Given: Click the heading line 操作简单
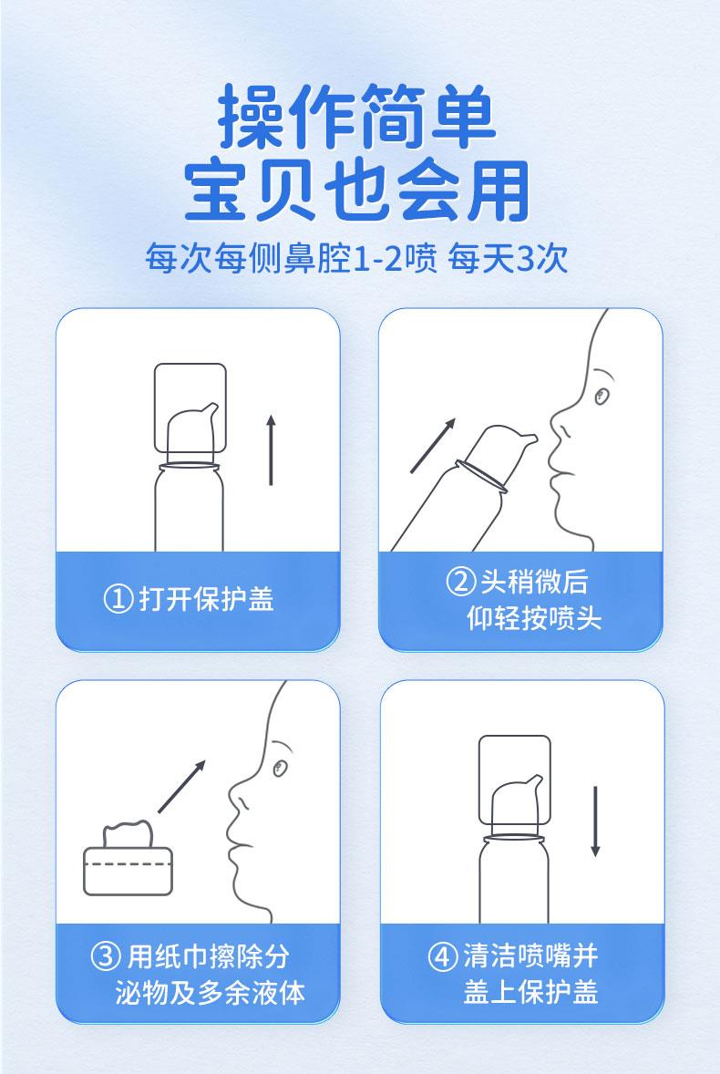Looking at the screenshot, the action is coord(357,117).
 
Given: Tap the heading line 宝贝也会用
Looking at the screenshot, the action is coord(357,191).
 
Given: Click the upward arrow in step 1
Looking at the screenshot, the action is coord(271,450).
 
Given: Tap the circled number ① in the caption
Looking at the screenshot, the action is coord(118,599).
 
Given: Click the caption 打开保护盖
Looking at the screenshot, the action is coord(207,599).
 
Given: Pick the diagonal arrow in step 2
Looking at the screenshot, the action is coord(433,445).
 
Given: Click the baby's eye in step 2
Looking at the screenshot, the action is coord(602,396).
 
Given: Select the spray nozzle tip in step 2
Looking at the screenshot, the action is coord(532,438).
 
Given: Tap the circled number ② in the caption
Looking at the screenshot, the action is coord(460,582).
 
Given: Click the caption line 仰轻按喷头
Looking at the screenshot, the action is coord(534,618).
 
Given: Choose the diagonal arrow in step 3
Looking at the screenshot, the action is coord(182,786).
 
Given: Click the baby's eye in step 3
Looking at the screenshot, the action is coord(279,768).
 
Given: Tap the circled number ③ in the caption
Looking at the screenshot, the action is coord(106,956).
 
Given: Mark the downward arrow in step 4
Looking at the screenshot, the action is coord(595,821).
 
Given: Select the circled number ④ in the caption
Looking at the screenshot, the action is coord(442,956).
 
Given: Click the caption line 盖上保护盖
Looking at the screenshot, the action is coord(531,992).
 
